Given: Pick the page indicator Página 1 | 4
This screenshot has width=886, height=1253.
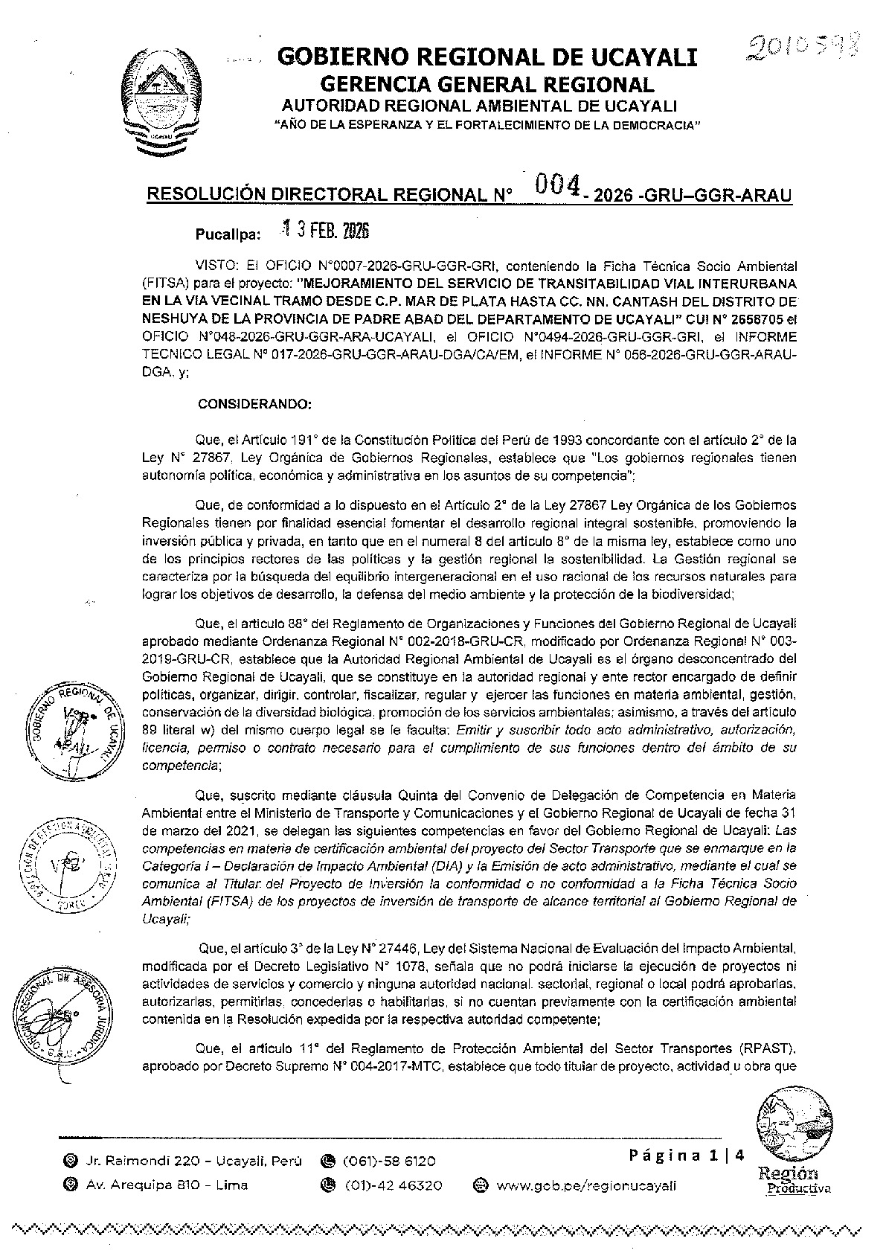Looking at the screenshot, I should (686, 1156).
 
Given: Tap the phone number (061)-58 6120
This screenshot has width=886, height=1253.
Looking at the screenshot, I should (388, 1161).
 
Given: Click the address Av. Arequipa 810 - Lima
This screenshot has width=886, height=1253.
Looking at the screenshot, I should (167, 1185).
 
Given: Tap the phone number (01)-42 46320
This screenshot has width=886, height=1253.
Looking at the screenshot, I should (392, 1185).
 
